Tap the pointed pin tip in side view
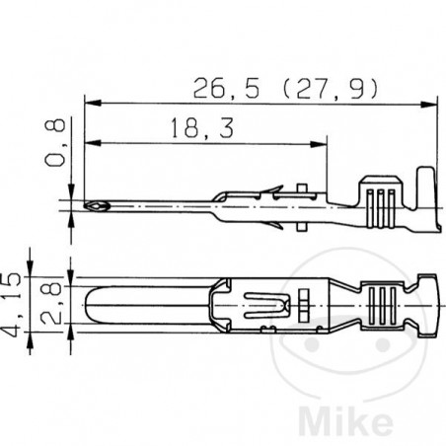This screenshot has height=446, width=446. click(94, 207)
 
